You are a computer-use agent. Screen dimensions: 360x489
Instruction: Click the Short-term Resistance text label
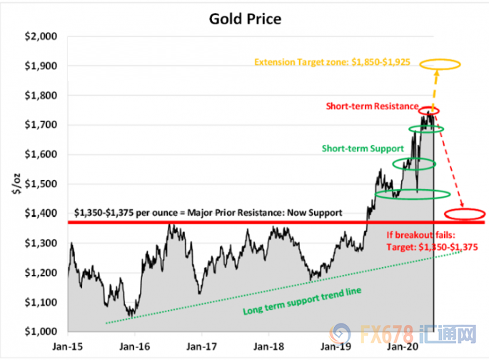[372, 106]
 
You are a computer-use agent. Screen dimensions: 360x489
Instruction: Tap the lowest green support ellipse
[413, 194]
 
